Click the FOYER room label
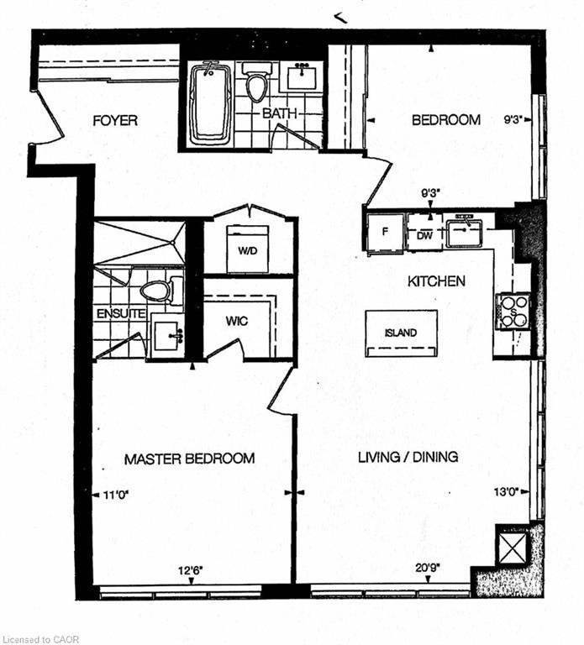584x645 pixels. pos(114,121)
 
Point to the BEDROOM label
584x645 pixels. pos(445,120)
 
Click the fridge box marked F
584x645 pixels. pos(386,231)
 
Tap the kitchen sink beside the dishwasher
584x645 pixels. pos(463,231)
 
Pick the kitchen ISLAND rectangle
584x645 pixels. pos(401,333)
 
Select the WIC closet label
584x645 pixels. pos(236,320)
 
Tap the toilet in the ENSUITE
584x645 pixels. pos(158,291)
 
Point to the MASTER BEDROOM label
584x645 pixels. pos(189,459)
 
